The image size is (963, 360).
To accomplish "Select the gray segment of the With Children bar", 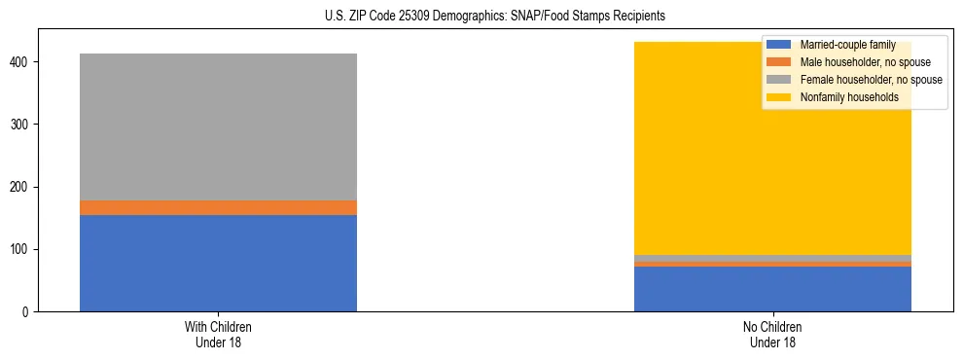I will point(218,126).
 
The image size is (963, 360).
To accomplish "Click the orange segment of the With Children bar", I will point(218,207).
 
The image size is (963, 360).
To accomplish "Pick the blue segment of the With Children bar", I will point(218,263).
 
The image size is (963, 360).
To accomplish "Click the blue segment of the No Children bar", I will point(772,289).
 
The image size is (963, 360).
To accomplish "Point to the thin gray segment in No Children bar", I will point(772,259).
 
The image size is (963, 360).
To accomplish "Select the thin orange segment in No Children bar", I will point(772,264).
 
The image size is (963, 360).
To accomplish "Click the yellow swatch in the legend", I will point(779,97).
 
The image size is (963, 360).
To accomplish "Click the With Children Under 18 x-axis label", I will point(218,334).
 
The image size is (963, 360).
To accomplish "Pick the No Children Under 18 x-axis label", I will point(772,334).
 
